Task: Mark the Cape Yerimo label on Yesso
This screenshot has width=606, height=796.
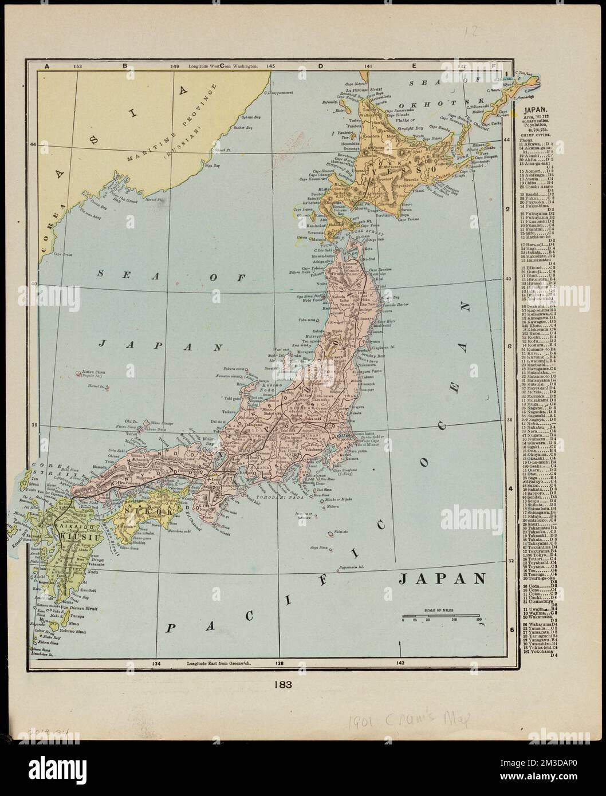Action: (x=410, y=219)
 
